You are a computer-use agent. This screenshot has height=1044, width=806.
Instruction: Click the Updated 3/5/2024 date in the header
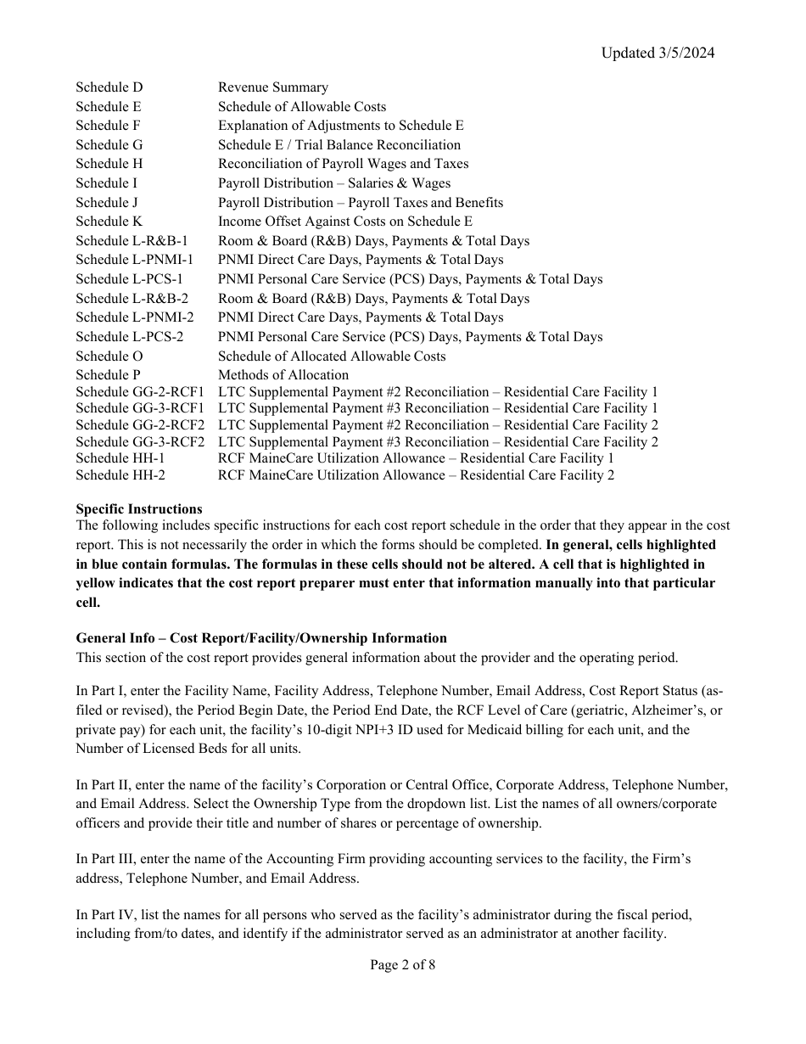point(658,53)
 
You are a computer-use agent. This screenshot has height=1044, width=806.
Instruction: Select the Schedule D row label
point(109,87)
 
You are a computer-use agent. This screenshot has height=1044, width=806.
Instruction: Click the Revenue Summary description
point(272,87)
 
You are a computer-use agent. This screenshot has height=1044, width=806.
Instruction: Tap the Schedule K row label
point(109,222)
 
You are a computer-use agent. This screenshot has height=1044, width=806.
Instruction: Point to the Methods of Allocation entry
point(283,374)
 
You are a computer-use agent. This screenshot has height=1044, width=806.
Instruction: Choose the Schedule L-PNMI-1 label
point(134,260)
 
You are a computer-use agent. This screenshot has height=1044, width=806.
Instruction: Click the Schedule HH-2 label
point(120,475)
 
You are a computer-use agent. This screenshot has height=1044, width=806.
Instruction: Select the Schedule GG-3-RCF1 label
point(140,408)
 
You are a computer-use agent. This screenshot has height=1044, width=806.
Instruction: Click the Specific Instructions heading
point(139,509)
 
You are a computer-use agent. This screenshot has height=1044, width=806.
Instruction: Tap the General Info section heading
point(261,638)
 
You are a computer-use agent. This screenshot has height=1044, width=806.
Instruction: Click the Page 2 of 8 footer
point(402,965)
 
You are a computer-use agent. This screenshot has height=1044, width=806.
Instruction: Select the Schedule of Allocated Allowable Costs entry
point(331,356)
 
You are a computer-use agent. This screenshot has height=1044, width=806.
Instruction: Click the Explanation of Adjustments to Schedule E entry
point(340,126)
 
